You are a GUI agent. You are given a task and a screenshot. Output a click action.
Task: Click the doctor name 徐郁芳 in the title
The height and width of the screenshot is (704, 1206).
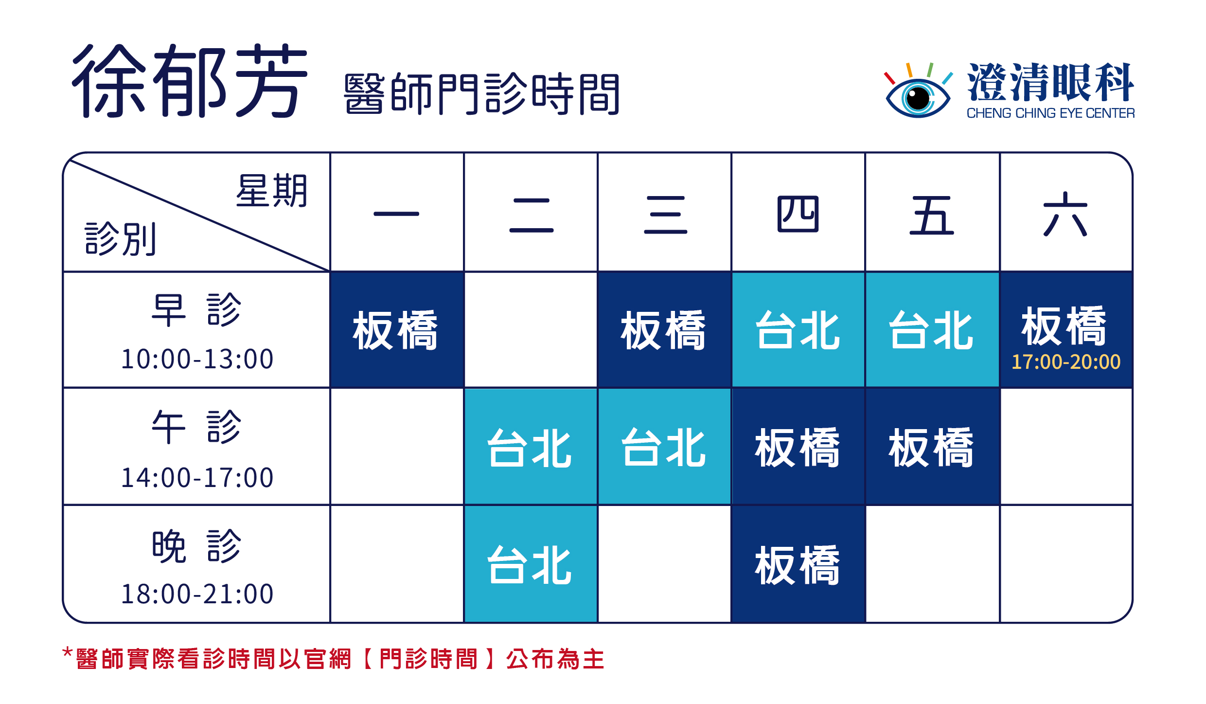coord(190,81)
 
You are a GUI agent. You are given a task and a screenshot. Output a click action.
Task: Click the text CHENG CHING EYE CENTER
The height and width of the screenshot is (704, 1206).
coord(1050,113)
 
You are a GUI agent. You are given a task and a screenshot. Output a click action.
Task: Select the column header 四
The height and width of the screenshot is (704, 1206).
coord(798,214)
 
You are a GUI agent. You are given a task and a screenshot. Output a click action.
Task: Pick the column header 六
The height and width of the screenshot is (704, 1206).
coord(1065,214)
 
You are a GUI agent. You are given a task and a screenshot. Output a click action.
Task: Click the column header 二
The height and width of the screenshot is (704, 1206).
coord(531,215)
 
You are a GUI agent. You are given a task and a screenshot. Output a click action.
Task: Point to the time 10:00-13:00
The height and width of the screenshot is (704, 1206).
coord(197,359)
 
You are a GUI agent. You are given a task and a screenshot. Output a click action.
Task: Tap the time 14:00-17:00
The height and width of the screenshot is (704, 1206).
coord(197,477)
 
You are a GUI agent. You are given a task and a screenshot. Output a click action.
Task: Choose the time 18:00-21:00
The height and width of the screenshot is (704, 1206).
coord(197,594)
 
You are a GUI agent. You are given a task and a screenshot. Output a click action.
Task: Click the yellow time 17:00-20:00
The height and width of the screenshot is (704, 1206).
coord(1066,362)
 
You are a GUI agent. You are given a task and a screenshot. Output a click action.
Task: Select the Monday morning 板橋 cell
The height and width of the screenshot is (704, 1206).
coord(397,330)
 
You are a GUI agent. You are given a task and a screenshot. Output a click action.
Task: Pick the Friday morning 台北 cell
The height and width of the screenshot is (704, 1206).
coord(932,330)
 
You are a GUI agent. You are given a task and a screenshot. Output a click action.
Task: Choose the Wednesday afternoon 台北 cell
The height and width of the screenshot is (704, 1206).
coord(664,447)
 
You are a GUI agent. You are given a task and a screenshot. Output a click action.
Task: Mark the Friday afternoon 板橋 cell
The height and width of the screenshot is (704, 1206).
coord(932,447)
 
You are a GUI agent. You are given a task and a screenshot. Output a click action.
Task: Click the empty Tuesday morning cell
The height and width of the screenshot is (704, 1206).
coord(531,330)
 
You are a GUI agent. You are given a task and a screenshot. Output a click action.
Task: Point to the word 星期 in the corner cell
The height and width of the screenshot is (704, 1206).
coord(272,191)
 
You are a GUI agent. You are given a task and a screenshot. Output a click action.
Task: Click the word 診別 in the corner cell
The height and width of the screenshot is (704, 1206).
coord(121,238)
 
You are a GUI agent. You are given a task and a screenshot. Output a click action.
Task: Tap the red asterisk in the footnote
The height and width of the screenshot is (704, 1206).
coord(68,652)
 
